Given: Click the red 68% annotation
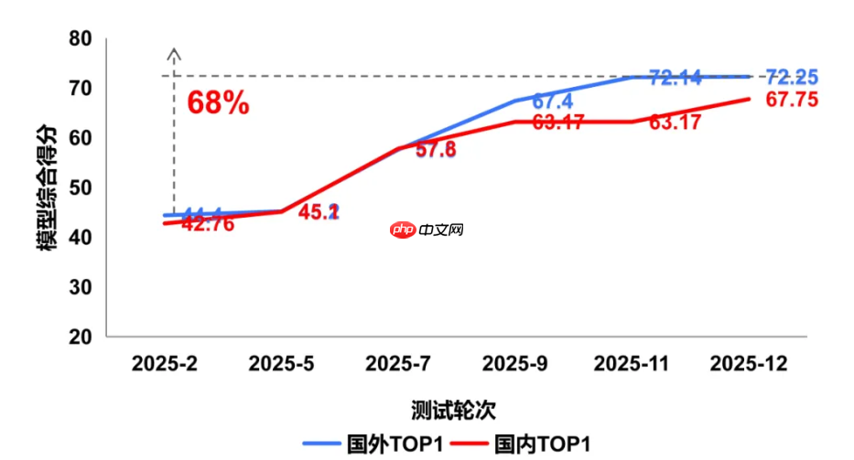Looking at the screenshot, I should pyautogui.click(x=218, y=102).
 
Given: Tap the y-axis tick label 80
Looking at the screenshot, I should pyautogui.click(x=81, y=38).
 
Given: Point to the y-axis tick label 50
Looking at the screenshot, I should pyautogui.click(x=81, y=187).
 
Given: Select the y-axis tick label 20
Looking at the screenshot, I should pyautogui.click(x=81, y=337).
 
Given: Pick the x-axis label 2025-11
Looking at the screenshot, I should pyautogui.click(x=632, y=364).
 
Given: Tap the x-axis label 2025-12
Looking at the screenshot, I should pyautogui.click(x=749, y=364).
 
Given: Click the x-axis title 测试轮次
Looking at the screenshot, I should pyautogui.click(x=448, y=408).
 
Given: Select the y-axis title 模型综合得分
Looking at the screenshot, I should pyautogui.click(x=47, y=187).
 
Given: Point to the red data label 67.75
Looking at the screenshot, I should pyautogui.click(x=792, y=101).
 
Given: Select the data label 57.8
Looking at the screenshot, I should pyautogui.click(x=436, y=150).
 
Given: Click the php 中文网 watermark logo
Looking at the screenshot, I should pyautogui.click(x=426, y=230).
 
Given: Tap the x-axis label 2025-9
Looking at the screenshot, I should pyautogui.click(x=513, y=364).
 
